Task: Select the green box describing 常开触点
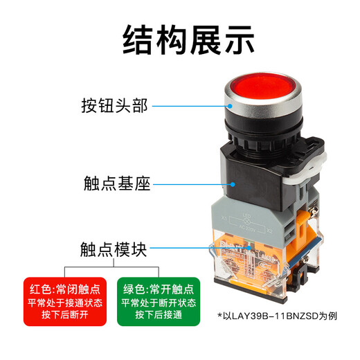pos(159,300)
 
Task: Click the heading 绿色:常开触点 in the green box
pos(159,289)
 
